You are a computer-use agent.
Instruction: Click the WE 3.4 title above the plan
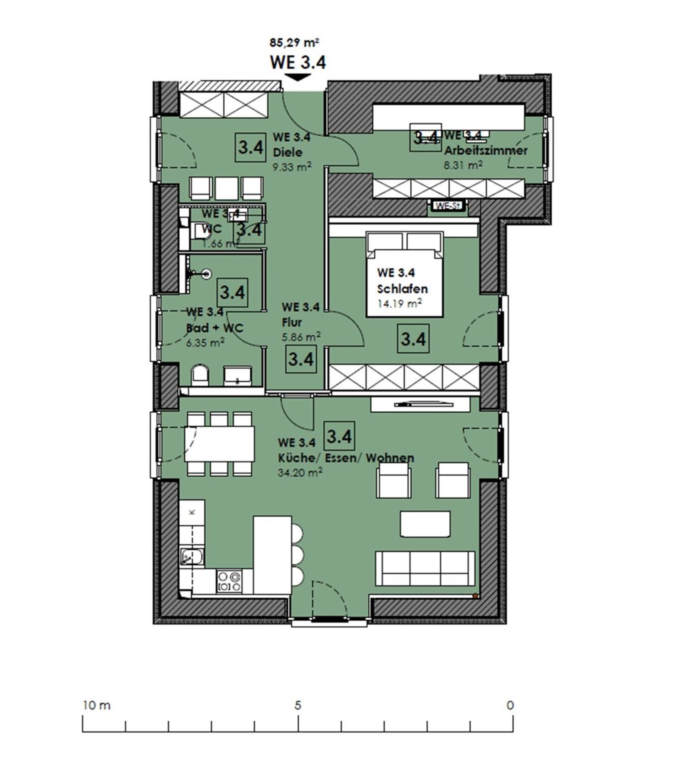click(x=298, y=62)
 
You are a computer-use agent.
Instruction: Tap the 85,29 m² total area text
click(x=295, y=42)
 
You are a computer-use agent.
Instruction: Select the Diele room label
click(x=288, y=152)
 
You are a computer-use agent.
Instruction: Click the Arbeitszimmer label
click(x=486, y=151)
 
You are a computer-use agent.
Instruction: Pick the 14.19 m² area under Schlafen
click(x=399, y=304)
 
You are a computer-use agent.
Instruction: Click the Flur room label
click(x=292, y=322)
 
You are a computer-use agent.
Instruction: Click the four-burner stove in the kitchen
click(x=229, y=581)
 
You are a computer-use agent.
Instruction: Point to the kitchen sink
click(x=192, y=556)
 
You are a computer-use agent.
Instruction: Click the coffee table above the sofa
click(x=425, y=524)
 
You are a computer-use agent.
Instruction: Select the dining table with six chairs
click(x=219, y=443)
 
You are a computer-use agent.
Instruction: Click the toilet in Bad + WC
click(x=200, y=376)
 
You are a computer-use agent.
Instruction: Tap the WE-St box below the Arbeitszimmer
click(x=448, y=206)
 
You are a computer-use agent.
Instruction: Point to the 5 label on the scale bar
click(x=298, y=705)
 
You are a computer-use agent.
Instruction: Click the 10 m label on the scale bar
click(x=97, y=705)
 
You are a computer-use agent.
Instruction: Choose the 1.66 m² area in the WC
click(x=220, y=243)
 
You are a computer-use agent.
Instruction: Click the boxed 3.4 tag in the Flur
click(x=301, y=359)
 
